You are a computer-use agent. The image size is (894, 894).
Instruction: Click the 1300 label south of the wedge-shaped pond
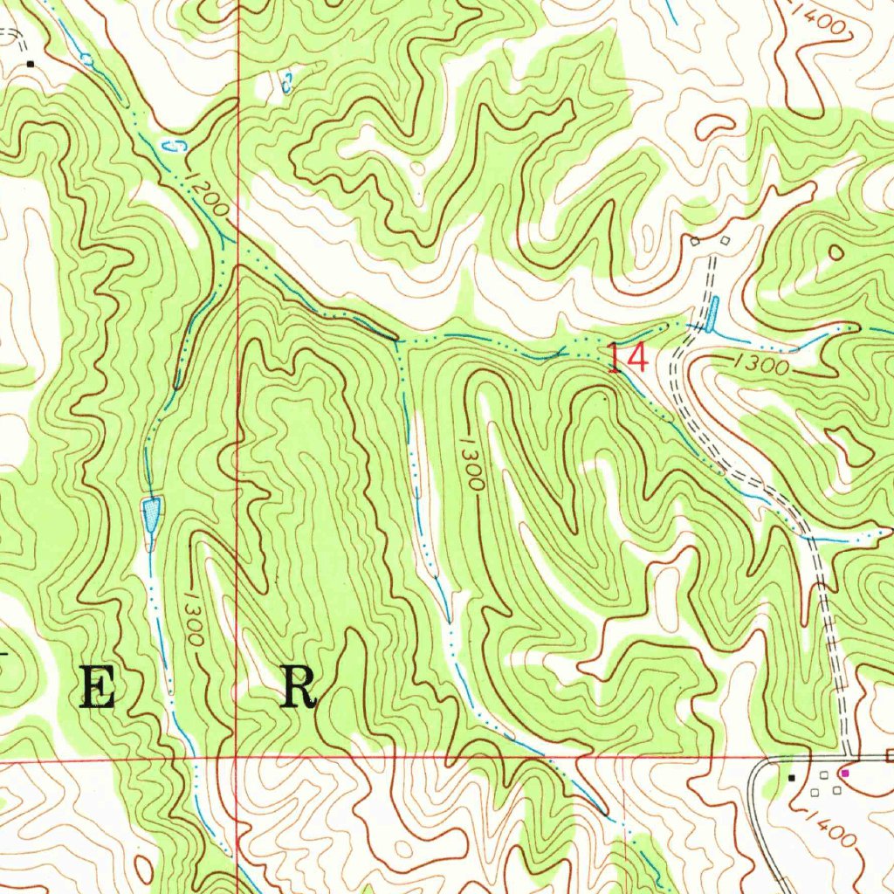(194, 617)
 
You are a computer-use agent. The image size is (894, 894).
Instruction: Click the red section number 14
(628, 359)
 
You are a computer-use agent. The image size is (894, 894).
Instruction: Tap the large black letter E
(97, 690)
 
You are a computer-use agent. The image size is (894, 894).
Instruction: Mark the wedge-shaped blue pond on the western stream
(152, 513)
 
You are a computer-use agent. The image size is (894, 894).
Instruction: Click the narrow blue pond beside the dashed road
(712, 314)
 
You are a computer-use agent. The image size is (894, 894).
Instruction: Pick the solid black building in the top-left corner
(30, 64)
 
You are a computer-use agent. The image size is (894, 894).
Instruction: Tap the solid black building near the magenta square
(792, 776)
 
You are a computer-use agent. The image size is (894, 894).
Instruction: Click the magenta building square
(844, 773)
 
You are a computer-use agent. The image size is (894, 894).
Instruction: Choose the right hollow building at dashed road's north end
(724, 239)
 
